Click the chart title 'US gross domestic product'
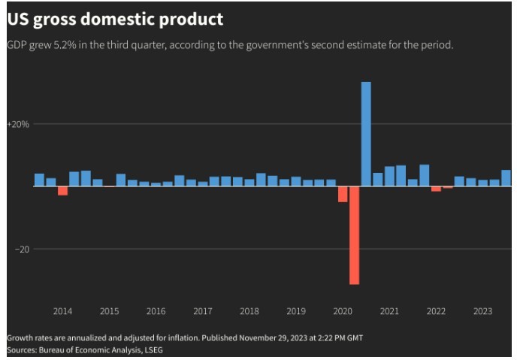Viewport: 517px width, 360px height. pyautogui.click(x=115, y=19)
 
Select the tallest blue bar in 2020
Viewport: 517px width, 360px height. pyautogui.click(x=366, y=134)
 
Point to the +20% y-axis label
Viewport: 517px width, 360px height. pyautogui.click(x=18, y=124)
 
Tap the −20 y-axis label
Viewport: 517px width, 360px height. pyautogui.click(x=21, y=249)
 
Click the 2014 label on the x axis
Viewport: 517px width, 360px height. pyautogui.click(x=62, y=311)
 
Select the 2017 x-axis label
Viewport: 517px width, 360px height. pyautogui.click(x=202, y=311)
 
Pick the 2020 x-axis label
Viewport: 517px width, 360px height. pyautogui.click(x=342, y=311)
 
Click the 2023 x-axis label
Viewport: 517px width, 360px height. pyautogui.click(x=482, y=311)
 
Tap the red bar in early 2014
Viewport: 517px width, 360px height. pyautogui.click(x=62, y=191)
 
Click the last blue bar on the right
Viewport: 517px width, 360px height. pyautogui.click(x=506, y=178)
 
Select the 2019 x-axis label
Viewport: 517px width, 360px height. pyautogui.click(x=295, y=311)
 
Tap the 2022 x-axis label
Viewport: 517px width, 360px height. pyautogui.click(x=436, y=311)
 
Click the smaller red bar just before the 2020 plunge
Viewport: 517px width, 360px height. pyautogui.click(x=343, y=195)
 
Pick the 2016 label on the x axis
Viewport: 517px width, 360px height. pyautogui.click(x=156, y=311)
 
